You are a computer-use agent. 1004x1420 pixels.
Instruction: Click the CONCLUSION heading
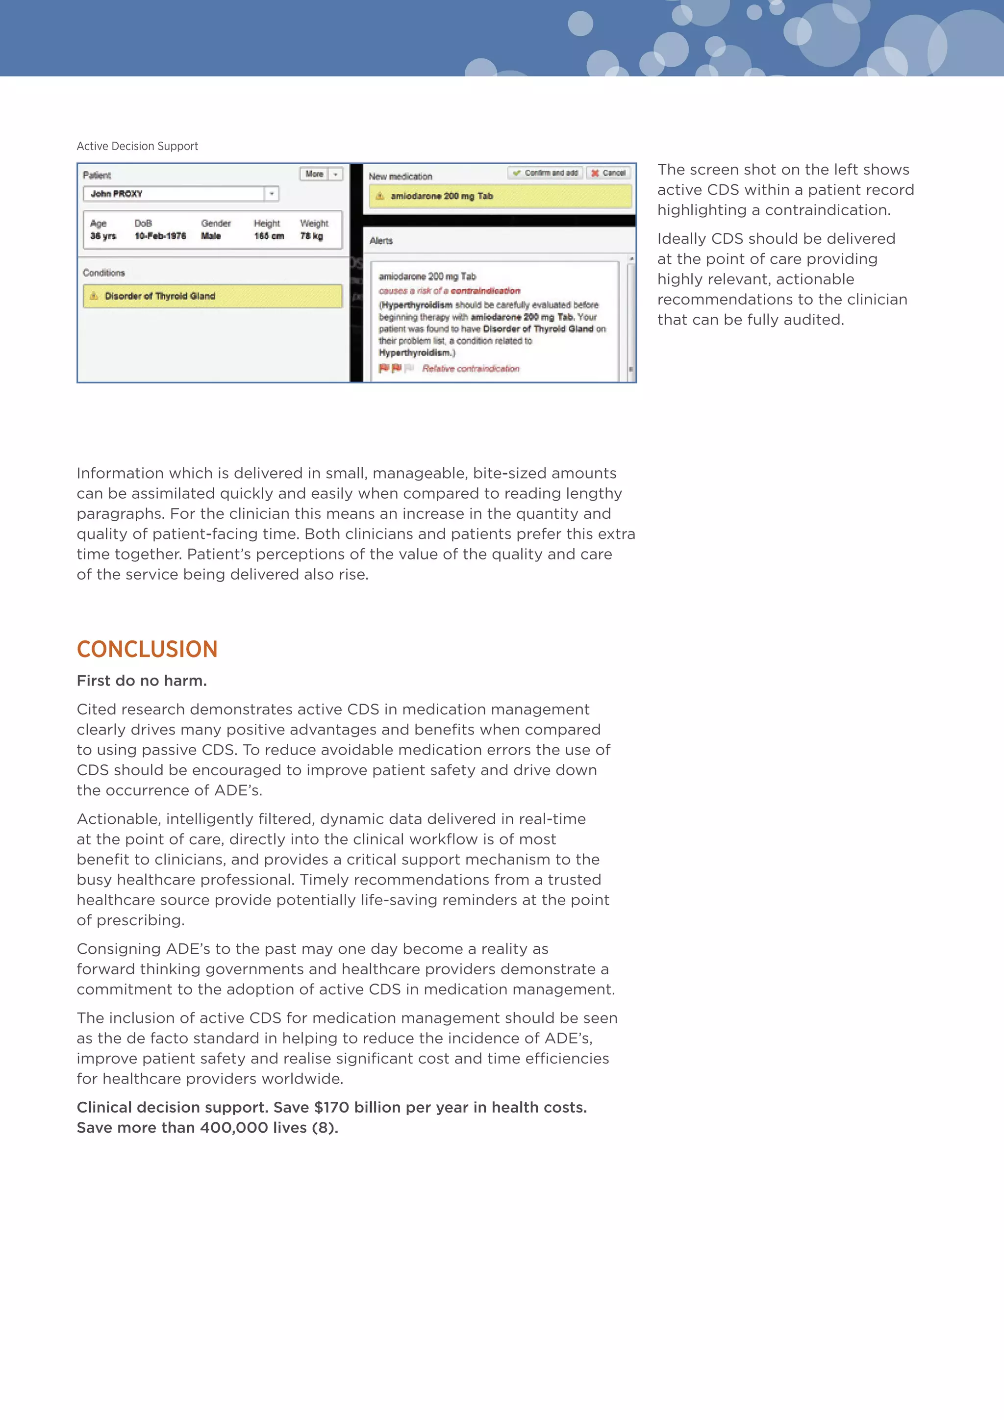pos(147,649)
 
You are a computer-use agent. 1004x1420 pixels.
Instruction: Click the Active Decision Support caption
pos(137,146)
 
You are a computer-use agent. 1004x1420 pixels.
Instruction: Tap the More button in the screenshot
pos(315,175)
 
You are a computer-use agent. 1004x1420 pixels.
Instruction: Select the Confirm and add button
pos(545,173)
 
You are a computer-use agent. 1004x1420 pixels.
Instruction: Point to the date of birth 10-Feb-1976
pos(160,236)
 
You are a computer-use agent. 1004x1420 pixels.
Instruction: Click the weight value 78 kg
pos(312,236)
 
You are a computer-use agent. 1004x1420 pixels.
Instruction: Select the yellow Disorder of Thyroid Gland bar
pos(212,296)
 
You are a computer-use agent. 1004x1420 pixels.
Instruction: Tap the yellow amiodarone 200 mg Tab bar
pos(500,196)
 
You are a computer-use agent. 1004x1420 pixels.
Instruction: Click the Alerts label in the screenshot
pos(381,241)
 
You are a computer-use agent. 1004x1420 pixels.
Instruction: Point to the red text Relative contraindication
pos(471,369)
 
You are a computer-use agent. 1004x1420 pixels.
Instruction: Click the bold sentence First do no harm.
pos(142,681)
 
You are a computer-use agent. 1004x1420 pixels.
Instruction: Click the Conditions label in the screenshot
pos(104,273)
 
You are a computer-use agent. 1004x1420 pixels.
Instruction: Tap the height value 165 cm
pos(269,236)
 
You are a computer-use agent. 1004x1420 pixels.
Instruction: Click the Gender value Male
pos(211,236)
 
